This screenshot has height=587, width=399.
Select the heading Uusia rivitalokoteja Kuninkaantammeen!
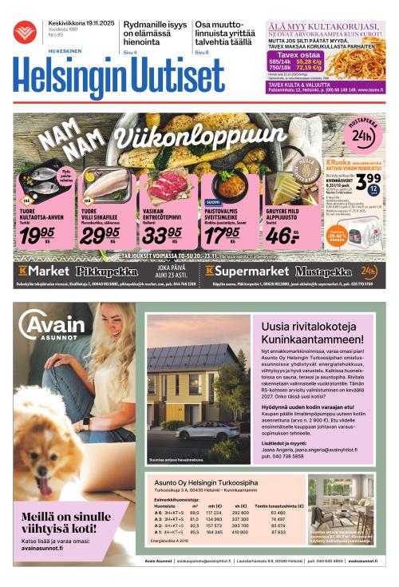(314, 331)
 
